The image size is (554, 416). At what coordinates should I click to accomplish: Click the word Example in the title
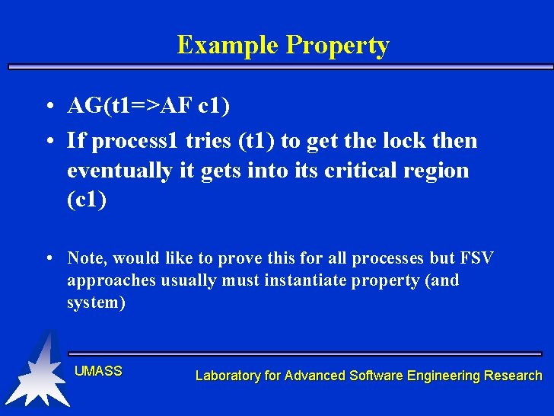(x=228, y=45)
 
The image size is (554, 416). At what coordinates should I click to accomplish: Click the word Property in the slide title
(x=337, y=46)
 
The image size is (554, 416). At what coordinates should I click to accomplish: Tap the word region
(x=441, y=171)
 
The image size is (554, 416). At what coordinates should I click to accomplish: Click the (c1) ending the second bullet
(x=87, y=200)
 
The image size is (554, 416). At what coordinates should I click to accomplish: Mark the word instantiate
(x=306, y=280)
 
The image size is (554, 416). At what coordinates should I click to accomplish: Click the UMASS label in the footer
(x=98, y=371)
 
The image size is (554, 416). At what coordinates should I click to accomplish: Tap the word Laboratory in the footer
(x=227, y=375)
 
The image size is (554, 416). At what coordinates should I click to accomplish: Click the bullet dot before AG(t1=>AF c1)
(x=48, y=107)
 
